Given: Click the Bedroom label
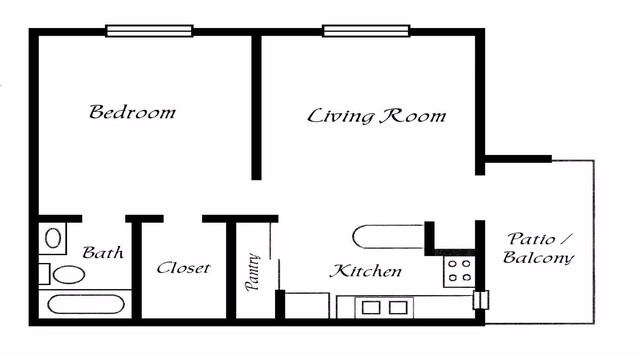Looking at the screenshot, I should pos(132,112).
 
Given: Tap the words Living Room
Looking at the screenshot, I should pos(376,116).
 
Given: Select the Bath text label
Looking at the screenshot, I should pos(103,253).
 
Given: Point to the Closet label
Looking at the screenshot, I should pos(183,268).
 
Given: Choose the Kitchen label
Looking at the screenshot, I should pos(366,271).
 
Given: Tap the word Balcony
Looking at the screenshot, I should pos(538,258).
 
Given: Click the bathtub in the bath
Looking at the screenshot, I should pos(88,306).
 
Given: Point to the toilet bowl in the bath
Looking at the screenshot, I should pos(70,274).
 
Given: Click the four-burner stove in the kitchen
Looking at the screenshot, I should pos(458,270).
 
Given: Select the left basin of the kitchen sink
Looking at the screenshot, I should pos(371,307).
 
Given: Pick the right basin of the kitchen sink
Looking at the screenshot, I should pos(398,307).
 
